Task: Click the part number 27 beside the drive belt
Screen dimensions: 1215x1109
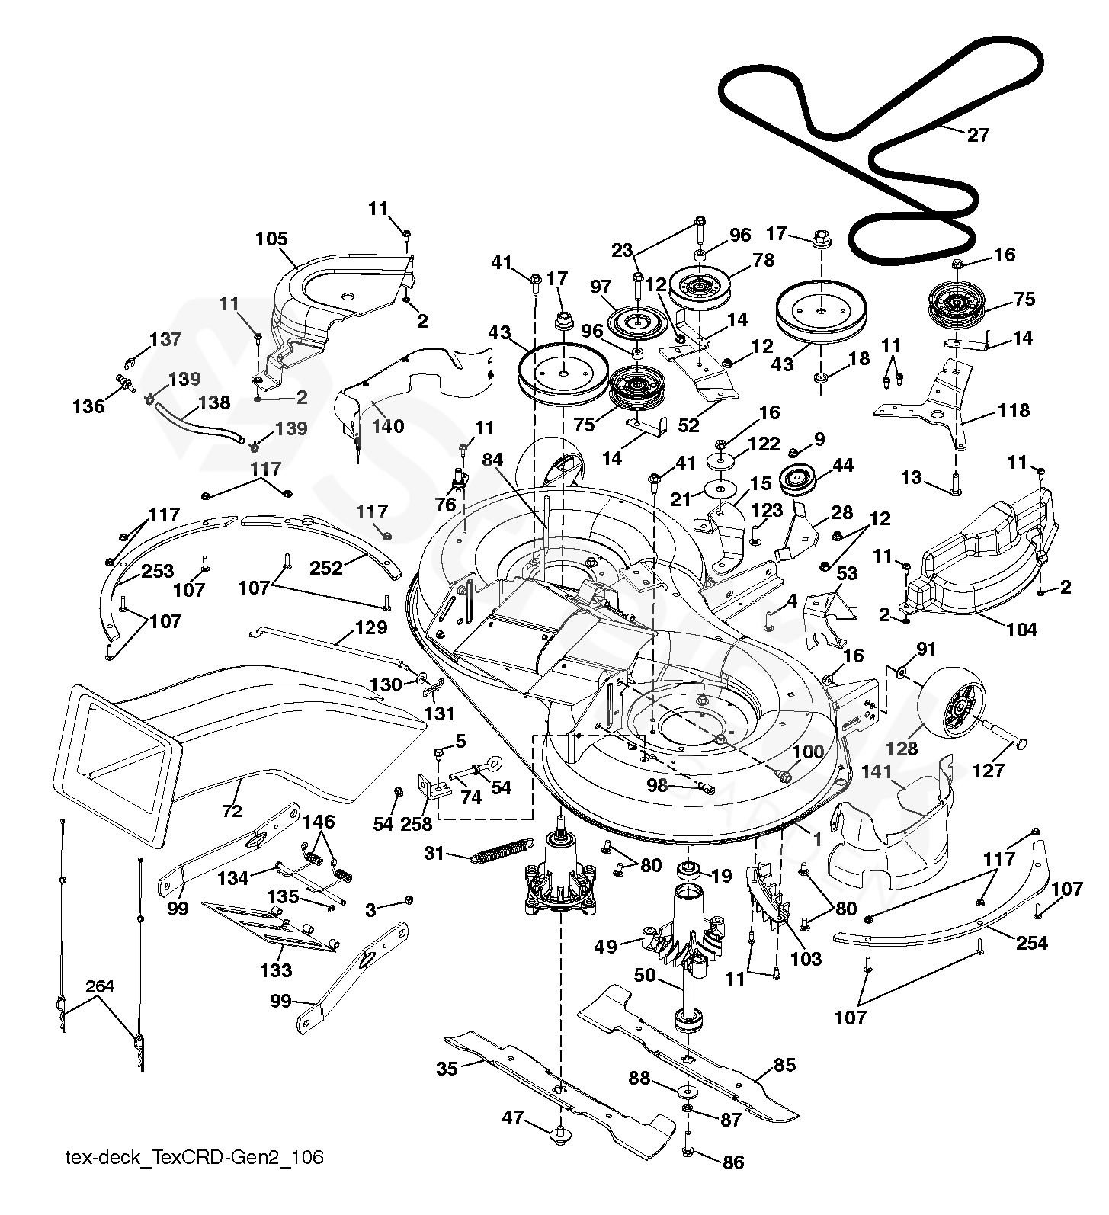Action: (x=977, y=135)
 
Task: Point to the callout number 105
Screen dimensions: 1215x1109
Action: (x=271, y=239)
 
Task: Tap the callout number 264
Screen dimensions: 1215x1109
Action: (x=100, y=987)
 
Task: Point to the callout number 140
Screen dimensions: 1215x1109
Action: (x=387, y=426)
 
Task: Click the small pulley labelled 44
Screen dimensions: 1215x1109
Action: (x=799, y=480)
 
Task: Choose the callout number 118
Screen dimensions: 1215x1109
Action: (x=1014, y=411)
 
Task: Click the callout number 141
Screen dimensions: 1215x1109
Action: (x=877, y=772)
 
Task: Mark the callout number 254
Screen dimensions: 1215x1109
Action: (x=1032, y=943)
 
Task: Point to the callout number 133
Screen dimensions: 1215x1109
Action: (x=275, y=970)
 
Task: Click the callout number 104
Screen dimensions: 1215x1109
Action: (x=1021, y=630)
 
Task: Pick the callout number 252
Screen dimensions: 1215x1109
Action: (x=327, y=568)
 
